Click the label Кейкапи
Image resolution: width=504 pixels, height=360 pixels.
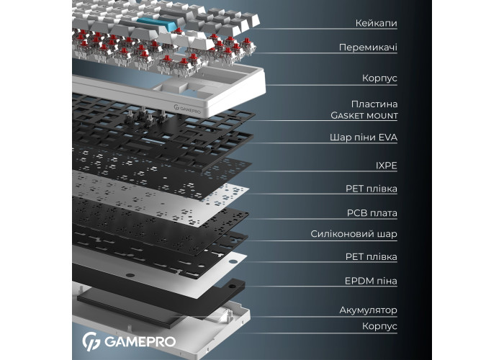click(x=376, y=23)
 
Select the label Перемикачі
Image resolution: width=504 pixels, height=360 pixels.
click(x=368, y=48)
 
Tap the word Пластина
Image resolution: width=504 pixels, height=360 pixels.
click(x=374, y=104)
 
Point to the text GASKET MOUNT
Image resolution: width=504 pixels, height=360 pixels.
click(x=364, y=115)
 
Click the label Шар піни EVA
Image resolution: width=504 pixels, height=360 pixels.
click(x=364, y=138)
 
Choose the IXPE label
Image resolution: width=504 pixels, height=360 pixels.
click(x=387, y=166)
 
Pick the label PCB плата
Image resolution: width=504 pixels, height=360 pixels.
click(x=372, y=213)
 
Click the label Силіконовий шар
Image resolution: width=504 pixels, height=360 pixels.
click(x=354, y=234)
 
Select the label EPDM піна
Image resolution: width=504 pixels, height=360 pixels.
click(x=371, y=281)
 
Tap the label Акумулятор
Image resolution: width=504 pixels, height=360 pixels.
click(x=369, y=310)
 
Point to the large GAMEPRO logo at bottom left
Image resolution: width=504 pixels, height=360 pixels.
click(x=129, y=341)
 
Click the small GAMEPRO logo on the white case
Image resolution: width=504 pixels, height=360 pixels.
click(x=187, y=109)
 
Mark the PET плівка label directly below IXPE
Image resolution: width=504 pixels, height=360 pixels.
click(x=372, y=189)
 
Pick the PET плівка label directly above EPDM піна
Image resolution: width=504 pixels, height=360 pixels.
click(x=372, y=256)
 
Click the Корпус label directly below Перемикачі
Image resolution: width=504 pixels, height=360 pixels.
click(x=379, y=78)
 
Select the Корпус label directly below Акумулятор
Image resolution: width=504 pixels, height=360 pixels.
click(x=379, y=326)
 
